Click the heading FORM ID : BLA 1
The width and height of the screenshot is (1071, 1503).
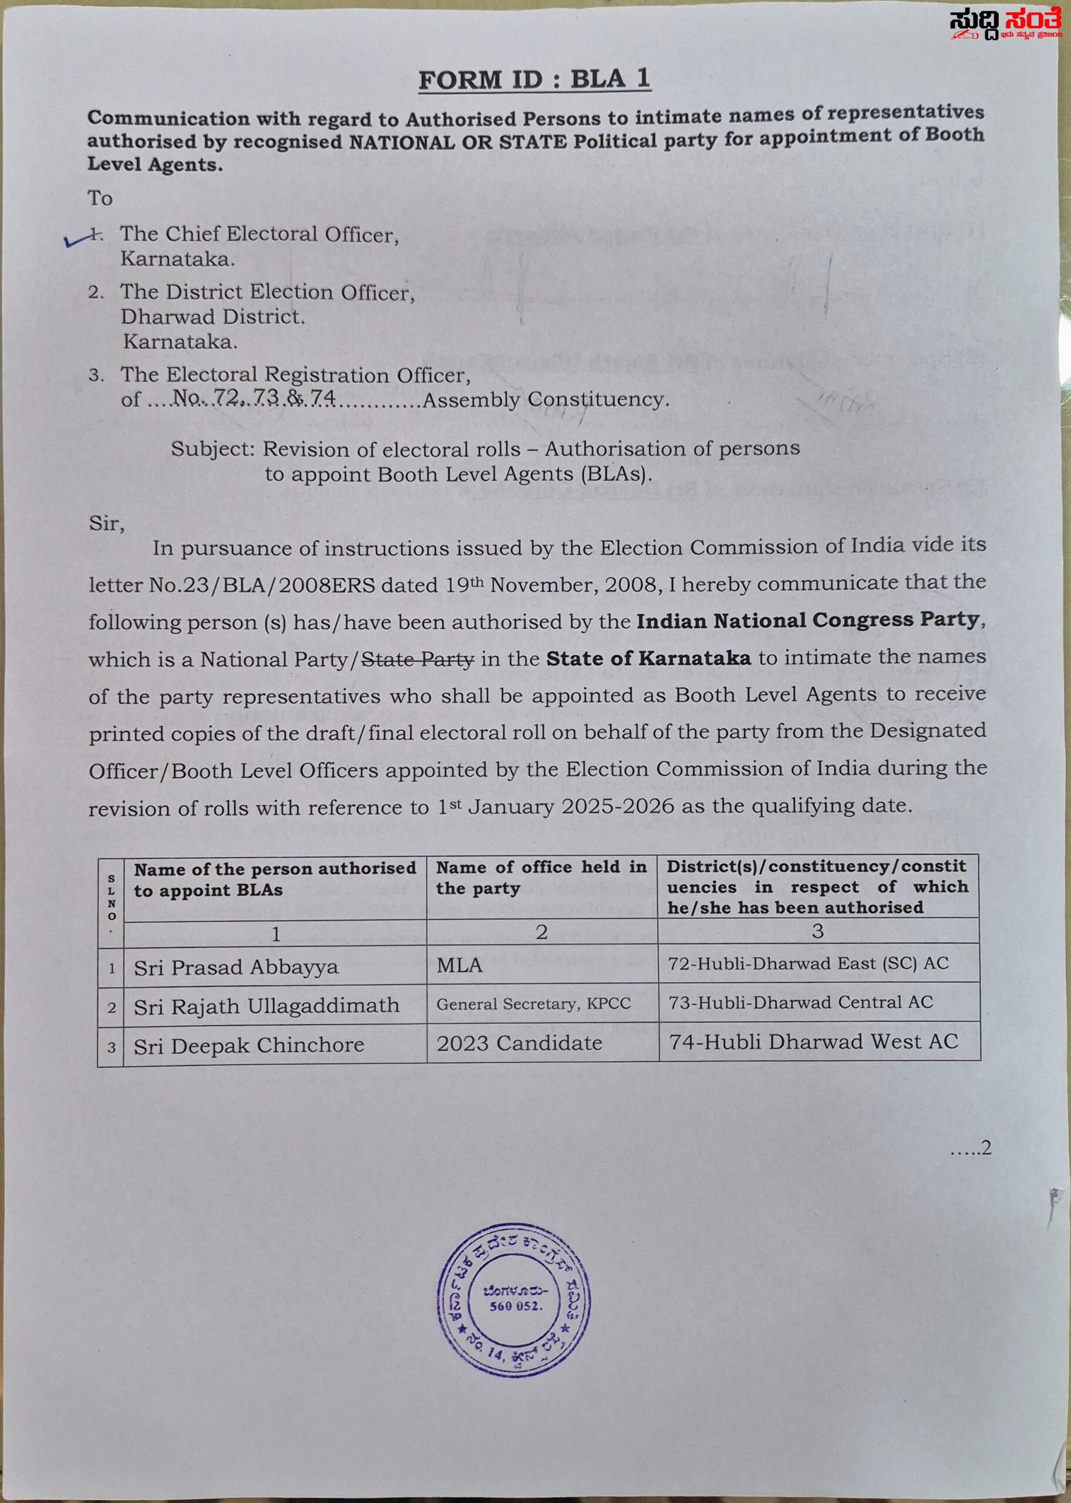pos(534,80)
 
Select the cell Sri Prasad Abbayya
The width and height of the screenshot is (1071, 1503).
pos(236,967)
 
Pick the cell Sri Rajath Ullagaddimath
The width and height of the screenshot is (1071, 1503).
pos(267,1006)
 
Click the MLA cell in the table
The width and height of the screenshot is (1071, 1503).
pos(460,966)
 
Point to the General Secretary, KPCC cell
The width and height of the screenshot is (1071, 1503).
pos(533,1004)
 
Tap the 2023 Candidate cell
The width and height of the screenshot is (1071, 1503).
pos(519,1043)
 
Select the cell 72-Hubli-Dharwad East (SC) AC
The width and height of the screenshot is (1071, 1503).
pos(808,964)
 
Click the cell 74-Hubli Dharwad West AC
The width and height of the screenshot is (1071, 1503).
pos(813,1042)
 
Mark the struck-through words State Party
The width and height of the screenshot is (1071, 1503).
pos(418,659)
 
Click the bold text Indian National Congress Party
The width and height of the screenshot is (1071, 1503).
pos(807,621)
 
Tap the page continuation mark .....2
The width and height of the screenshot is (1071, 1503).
pos(970,1148)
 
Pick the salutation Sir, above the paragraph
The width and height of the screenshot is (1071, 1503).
pos(106,524)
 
